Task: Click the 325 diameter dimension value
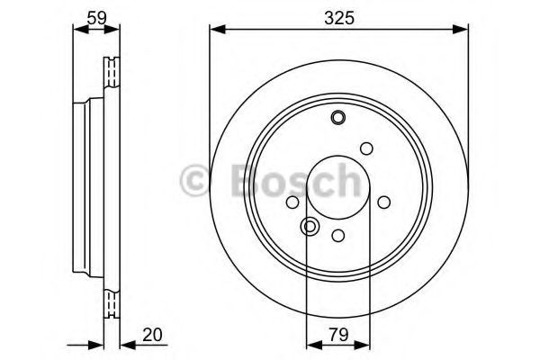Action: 339,18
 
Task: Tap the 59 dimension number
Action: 97,18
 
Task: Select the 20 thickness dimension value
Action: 152,335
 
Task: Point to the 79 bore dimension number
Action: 339,335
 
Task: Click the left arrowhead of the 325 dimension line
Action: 217,30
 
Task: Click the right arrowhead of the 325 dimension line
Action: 461,30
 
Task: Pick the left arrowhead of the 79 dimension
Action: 314,347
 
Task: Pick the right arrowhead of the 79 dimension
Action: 363,347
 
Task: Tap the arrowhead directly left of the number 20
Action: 128,347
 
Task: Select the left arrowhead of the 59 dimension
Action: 81,30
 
